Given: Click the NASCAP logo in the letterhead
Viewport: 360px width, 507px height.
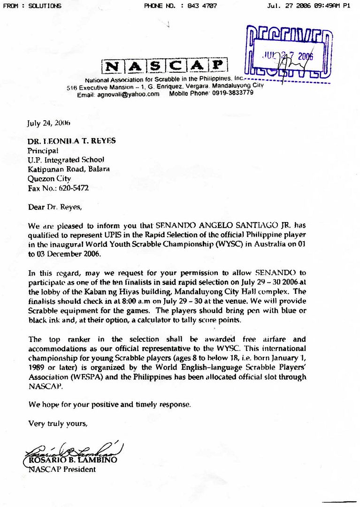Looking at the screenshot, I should [x=164, y=66].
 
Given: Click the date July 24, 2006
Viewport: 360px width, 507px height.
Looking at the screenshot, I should [x=49, y=123].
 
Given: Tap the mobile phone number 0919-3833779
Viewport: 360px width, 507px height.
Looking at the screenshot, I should [x=231, y=93].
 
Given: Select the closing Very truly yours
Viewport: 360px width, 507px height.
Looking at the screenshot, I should [x=58, y=423].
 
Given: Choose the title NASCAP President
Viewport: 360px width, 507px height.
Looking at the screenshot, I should [x=59, y=469].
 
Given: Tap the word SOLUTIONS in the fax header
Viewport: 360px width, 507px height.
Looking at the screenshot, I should [x=46, y=6].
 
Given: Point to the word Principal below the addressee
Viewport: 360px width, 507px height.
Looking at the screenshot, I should [x=43, y=151].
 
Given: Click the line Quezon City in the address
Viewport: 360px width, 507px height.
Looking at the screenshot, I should [x=49, y=179].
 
